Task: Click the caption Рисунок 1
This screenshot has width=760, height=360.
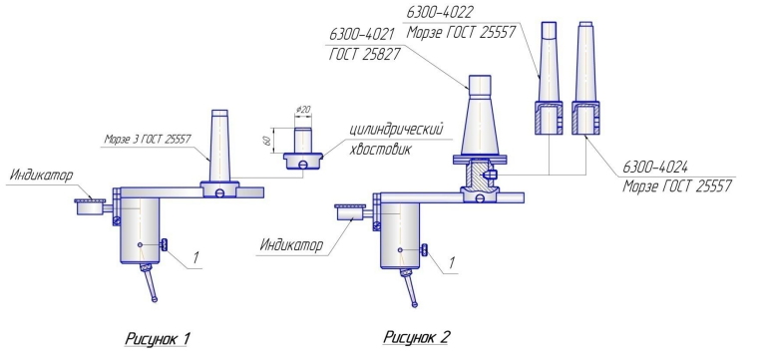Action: tap(157, 338)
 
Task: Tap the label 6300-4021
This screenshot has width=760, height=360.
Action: tap(362, 34)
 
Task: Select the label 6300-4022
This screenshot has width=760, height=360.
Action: tap(440, 12)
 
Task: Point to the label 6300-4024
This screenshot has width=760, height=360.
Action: tap(655, 168)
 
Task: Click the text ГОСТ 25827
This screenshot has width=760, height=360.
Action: tap(364, 55)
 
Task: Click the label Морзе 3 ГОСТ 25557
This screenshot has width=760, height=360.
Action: tap(148, 140)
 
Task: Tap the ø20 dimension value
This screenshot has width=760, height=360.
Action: tap(303, 110)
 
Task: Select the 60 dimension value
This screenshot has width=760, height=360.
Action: tap(267, 141)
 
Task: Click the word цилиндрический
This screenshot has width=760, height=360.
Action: tap(397, 131)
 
